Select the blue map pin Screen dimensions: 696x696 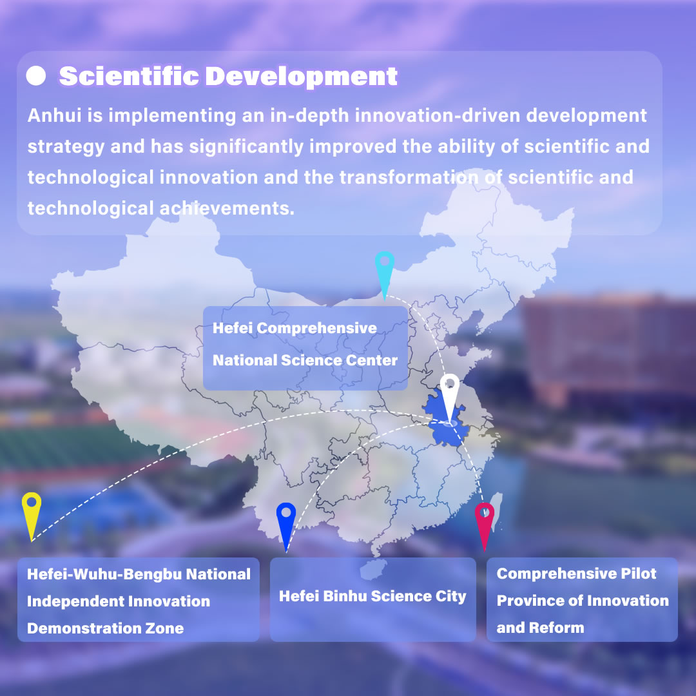(286, 524)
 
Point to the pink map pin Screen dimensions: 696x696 (484, 524)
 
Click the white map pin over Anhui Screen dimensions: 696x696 (450, 395)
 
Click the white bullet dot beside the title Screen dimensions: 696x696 (36, 75)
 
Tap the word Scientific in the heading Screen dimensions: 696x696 (129, 76)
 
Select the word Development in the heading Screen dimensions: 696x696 (302, 77)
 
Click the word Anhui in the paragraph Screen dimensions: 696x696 (55, 115)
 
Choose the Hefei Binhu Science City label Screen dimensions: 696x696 (372, 596)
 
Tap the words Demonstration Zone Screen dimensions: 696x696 (105, 628)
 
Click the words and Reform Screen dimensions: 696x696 (540, 628)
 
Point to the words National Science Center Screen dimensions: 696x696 (305, 360)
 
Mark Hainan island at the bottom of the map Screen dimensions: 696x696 (373, 570)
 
